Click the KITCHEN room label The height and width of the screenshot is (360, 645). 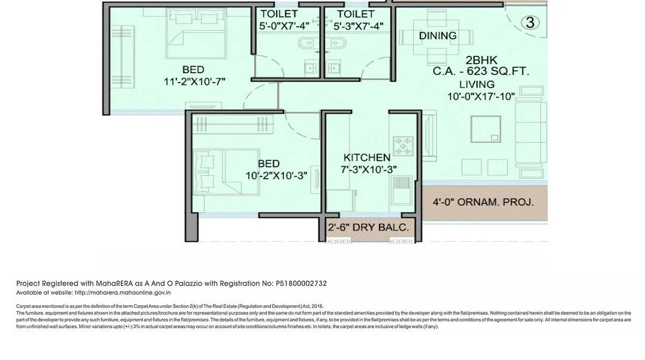(367, 157)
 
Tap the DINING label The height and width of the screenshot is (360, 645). (438, 36)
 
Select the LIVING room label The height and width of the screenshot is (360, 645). (477, 84)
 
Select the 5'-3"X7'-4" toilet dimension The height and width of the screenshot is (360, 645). (358, 26)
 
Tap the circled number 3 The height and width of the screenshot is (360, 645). (530, 23)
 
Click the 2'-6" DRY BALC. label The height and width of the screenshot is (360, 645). (368, 227)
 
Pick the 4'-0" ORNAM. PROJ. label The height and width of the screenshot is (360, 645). (483, 203)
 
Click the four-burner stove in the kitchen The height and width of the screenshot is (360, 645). (403, 145)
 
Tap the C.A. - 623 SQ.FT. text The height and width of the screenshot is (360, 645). (481, 71)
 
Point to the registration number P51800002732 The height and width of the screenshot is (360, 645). (301, 284)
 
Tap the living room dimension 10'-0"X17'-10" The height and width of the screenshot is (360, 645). (481, 97)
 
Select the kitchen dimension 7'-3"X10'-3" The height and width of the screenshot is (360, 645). (369, 169)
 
